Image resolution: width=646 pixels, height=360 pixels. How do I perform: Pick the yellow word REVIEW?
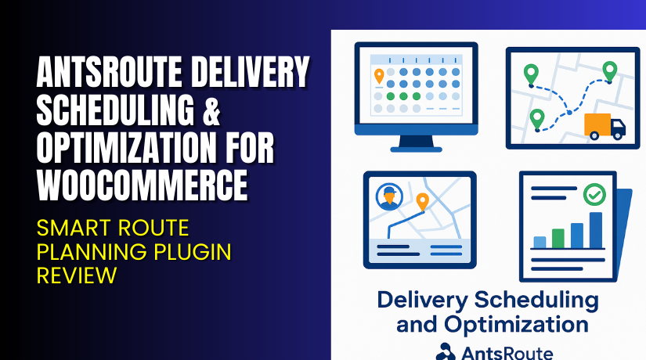pos(78,275)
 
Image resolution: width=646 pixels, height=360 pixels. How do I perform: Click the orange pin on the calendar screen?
pos(380,76)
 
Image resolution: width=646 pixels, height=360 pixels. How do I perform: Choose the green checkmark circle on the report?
pos(594,193)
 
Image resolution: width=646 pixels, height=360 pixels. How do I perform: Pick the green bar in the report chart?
pos(558,237)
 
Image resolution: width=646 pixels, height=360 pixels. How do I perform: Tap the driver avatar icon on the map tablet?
pos(388,197)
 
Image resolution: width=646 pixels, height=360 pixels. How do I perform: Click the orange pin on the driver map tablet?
pos(423,202)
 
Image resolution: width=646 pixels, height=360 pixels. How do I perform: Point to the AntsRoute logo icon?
pos(446,351)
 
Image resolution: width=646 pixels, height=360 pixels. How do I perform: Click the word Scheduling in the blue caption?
pos(532,299)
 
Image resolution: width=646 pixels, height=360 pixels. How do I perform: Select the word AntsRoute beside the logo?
pos(507,352)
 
